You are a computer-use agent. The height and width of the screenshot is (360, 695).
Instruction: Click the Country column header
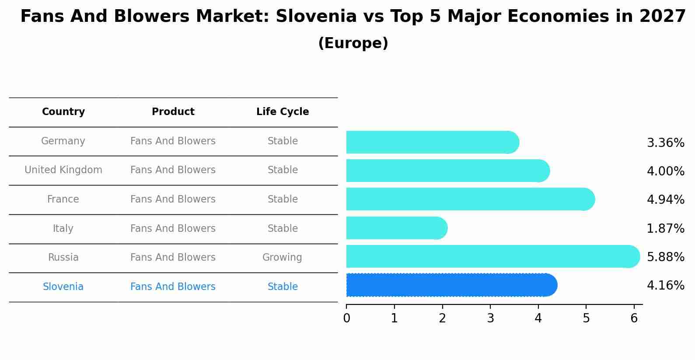point(63,112)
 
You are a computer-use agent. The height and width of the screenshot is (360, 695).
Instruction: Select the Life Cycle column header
point(283,112)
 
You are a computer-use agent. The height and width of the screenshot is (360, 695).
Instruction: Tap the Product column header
point(173,112)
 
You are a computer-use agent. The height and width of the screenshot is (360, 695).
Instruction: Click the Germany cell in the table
point(63,141)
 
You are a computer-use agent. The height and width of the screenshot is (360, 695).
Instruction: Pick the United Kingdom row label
point(63,170)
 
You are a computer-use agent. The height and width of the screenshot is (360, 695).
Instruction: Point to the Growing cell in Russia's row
point(282,258)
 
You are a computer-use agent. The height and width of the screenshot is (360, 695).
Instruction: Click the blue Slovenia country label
point(63,287)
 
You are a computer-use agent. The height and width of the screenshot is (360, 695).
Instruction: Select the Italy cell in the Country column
point(63,229)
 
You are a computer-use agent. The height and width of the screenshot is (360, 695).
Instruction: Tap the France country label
point(63,199)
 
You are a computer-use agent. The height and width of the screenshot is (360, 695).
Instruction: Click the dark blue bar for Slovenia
point(451,285)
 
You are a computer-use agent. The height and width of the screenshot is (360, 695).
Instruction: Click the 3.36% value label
point(665,143)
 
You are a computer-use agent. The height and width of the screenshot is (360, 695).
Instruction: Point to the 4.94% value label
point(665,200)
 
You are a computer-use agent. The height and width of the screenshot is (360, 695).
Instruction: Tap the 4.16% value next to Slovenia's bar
point(665,286)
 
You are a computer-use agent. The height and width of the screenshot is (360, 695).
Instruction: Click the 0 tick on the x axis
point(346,318)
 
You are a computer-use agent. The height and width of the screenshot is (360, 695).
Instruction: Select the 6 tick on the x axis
point(634,318)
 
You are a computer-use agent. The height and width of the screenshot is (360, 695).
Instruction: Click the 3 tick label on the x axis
point(490,318)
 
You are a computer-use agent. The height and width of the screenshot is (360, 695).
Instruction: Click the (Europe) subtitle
point(353,43)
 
